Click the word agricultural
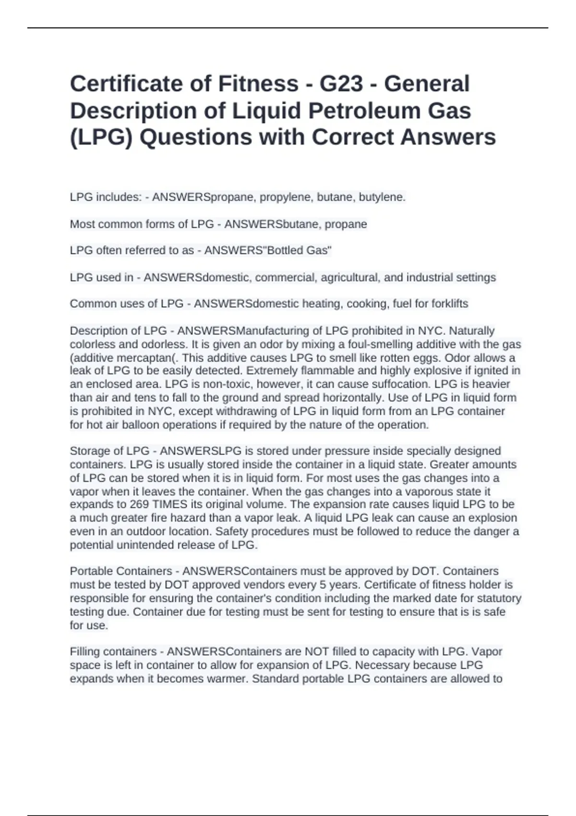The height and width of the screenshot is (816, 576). click(351, 277)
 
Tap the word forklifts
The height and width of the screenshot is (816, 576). click(450, 304)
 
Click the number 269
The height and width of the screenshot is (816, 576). click(139, 504)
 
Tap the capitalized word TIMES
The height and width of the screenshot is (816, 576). click(169, 504)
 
